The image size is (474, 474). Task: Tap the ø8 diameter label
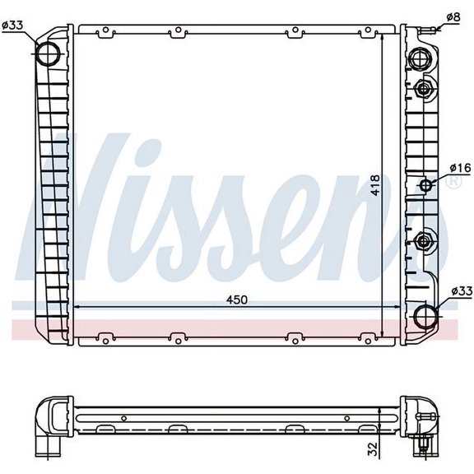click(x=453, y=16)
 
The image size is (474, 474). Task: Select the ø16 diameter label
click(x=460, y=168)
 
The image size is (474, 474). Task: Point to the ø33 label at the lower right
click(x=462, y=291)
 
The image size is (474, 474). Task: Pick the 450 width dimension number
click(x=237, y=300)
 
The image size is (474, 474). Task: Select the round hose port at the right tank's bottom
click(x=425, y=316)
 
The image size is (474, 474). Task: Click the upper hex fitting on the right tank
click(x=425, y=88)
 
